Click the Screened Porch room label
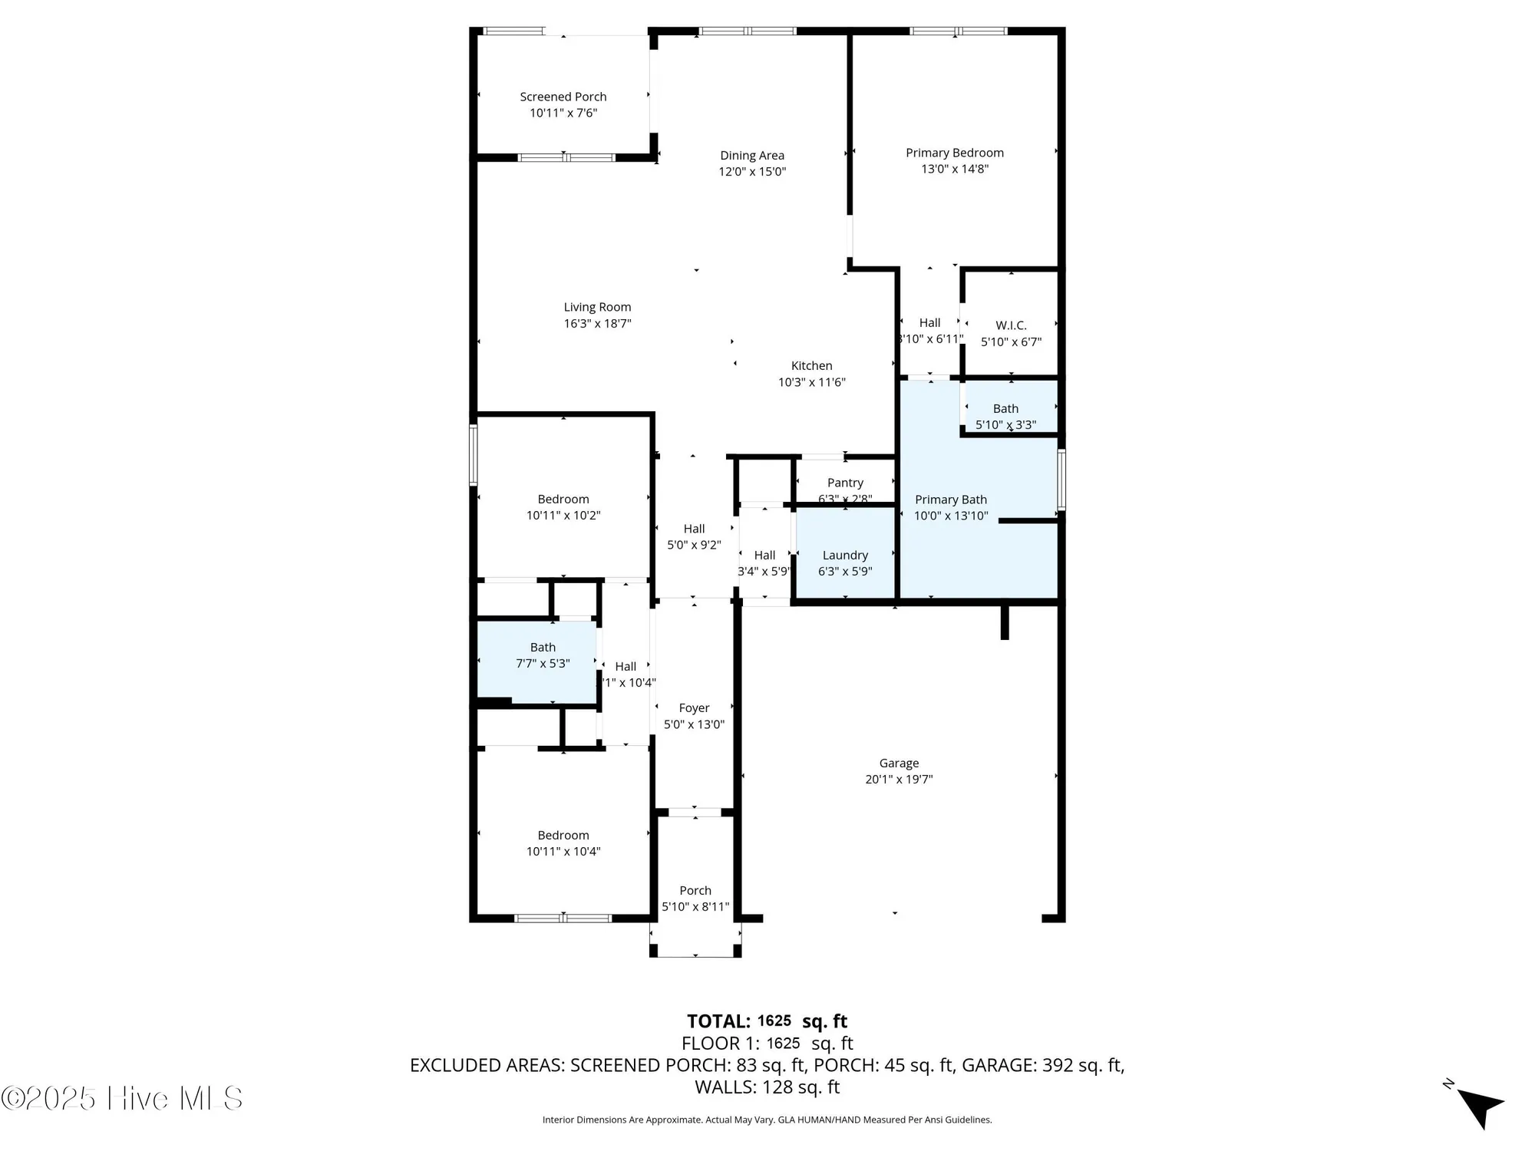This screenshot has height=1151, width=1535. (x=563, y=97)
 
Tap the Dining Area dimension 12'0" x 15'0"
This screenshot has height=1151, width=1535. (x=751, y=172)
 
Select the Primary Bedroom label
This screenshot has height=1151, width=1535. (x=954, y=153)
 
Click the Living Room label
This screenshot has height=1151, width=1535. (x=597, y=307)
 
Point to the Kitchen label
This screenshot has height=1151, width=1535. (x=811, y=366)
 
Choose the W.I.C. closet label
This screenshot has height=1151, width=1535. (x=1011, y=325)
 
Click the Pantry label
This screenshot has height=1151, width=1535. (x=845, y=483)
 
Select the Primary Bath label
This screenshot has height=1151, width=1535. (x=950, y=500)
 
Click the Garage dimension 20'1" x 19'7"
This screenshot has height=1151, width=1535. (x=899, y=780)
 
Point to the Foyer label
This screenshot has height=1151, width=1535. (x=694, y=708)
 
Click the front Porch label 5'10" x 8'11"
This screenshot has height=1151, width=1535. (x=695, y=899)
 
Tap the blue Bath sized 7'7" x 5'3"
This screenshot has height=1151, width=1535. (x=543, y=655)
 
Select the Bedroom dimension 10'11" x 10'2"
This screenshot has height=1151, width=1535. (x=563, y=516)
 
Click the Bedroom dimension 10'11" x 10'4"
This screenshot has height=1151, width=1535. (x=563, y=852)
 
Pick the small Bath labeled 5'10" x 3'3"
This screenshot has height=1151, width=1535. (x=1005, y=416)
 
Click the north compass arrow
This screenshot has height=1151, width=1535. (x=1480, y=1106)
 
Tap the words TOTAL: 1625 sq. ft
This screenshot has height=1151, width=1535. (x=767, y=1021)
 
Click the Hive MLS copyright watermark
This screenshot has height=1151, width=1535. (x=122, y=1098)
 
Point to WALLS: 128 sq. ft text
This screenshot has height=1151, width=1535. (x=767, y=1087)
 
